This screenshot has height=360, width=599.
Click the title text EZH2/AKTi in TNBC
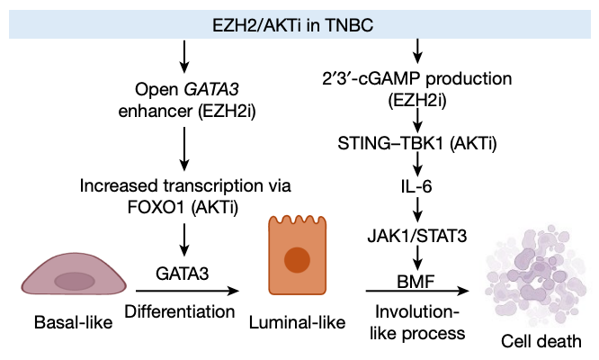coord(299,19)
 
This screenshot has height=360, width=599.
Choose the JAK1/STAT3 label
coord(416,238)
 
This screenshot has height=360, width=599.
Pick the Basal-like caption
coord(67,321)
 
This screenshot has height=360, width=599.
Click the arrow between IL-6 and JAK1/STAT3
coord(416,214)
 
